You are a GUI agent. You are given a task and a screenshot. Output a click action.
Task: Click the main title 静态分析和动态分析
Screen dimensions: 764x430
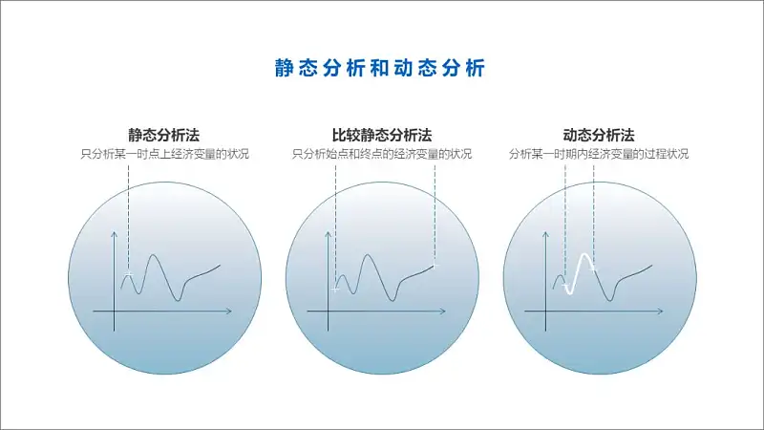379,68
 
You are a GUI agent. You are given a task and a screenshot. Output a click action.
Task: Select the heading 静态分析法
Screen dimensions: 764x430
163,135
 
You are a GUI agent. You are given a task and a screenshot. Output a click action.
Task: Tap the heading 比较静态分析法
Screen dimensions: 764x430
382,135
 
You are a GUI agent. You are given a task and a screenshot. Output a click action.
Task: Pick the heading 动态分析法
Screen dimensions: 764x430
599,135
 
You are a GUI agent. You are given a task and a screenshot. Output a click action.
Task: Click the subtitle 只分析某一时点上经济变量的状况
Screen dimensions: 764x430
164,154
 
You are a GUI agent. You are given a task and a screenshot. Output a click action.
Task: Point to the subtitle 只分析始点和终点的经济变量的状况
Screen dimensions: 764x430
382,154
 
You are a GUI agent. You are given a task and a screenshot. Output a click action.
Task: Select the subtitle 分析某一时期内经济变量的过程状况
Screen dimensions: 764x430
599,154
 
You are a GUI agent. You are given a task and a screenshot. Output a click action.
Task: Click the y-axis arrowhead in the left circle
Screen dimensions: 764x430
114,233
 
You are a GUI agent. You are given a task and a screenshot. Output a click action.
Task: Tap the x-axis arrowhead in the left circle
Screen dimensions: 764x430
230,312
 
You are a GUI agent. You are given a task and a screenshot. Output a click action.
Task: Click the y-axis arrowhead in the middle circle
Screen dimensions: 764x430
328,233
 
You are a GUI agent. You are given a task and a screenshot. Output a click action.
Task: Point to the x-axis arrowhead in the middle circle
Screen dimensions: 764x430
443,312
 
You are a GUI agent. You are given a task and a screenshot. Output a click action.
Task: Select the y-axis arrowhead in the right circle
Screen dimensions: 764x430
545,233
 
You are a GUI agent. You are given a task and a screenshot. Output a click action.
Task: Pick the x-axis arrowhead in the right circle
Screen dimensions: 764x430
661,312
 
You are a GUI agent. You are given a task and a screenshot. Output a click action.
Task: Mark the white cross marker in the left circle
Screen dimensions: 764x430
129,275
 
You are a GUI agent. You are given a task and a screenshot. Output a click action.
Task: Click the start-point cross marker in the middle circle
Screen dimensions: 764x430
335,290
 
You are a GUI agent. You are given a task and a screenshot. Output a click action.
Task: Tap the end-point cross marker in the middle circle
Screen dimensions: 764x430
435,266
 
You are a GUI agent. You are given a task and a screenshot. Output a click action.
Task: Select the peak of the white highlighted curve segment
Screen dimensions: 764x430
584,254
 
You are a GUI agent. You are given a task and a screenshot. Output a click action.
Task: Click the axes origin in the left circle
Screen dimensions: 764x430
114,312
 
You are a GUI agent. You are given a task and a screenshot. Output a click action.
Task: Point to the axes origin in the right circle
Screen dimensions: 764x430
545,312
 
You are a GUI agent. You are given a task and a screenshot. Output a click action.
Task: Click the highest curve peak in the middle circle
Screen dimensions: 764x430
368,255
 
